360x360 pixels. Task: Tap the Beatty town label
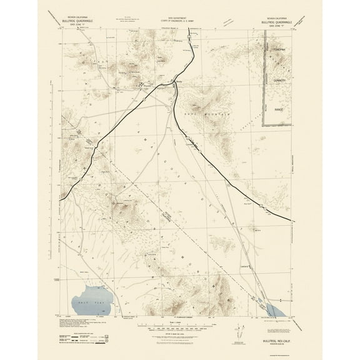(x=179, y=81)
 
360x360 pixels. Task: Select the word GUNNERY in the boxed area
(x=279, y=80)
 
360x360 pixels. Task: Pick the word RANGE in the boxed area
(x=279, y=109)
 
